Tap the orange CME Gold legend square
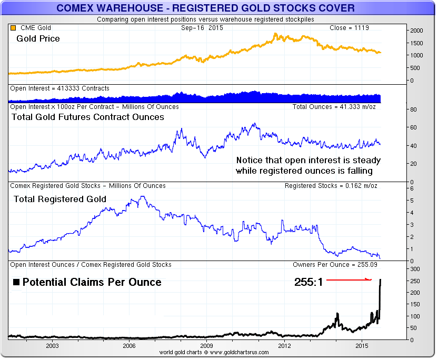pos(13,28)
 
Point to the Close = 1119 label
pos(352,28)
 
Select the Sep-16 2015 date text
pos(202,28)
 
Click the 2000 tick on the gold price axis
pos(416,31)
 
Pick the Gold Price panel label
pos(38,39)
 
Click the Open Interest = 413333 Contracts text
pos(60,88)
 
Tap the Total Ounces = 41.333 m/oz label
pos(335,107)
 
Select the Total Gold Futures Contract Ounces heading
pos(88,117)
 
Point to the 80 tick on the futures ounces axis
pos(414,109)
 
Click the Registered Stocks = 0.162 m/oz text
pos(331,186)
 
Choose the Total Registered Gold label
pos(60,199)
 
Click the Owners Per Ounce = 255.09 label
pos(335,265)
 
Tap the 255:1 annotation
pos(308,282)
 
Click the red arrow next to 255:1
pos(349,279)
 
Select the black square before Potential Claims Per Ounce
pos(16,282)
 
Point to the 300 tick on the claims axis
pos(416,269)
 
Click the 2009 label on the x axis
pos(207,346)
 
